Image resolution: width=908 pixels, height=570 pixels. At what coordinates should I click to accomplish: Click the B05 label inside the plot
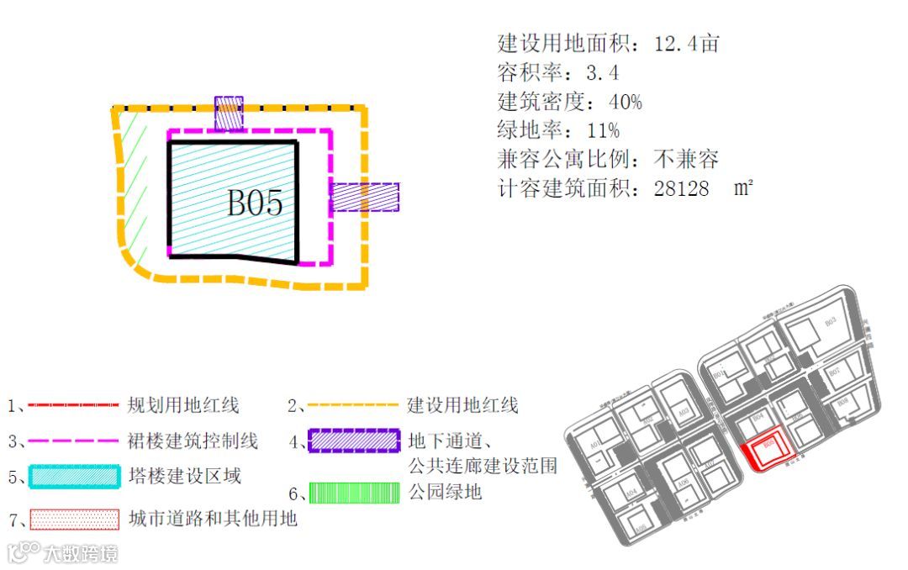[255, 203]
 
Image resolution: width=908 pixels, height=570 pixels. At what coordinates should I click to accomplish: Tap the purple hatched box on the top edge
[229, 113]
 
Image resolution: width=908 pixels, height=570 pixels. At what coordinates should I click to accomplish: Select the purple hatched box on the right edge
[364, 197]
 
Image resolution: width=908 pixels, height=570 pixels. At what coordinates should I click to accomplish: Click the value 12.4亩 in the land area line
[686, 44]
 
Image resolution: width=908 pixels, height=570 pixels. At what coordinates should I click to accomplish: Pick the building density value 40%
[625, 102]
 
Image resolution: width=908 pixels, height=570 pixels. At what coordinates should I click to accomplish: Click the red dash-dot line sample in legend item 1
[73, 405]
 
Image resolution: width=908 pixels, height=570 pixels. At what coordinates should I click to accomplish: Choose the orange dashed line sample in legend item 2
[352, 405]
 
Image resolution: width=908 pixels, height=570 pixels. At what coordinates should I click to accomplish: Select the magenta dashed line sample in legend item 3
[73, 440]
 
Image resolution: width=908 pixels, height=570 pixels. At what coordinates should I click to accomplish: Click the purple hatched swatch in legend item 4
[353, 441]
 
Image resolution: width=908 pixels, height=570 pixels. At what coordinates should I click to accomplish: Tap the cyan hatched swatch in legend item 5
[74, 477]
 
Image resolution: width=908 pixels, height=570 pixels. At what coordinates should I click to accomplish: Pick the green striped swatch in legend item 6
[353, 492]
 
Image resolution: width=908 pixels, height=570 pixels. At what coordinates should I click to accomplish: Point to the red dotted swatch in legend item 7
[74, 519]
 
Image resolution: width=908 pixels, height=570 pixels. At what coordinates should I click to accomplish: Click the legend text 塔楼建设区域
[185, 476]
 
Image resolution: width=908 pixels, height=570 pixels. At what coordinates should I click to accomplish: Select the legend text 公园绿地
[445, 491]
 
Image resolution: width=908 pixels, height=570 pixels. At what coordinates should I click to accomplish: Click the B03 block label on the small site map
[830, 321]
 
